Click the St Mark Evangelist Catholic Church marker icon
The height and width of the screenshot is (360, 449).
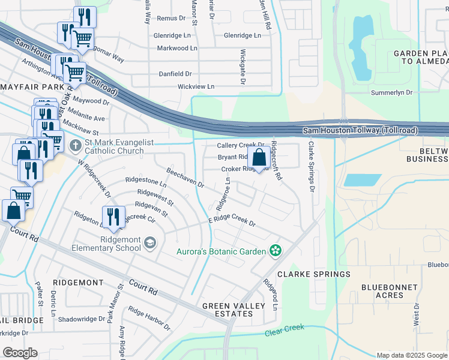pyautogui.click(x=75, y=145)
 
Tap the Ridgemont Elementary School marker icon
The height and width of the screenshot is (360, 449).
pyautogui.click(x=149, y=242)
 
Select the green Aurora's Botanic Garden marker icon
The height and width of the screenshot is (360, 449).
pyautogui.click(x=276, y=251)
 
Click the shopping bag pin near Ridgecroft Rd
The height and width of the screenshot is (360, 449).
pyautogui.click(x=259, y=159)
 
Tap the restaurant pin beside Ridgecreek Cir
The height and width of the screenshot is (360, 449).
pyautogui.click(x=112, y=217)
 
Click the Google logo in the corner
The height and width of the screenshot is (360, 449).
pyautogui.click(x=20, y=353)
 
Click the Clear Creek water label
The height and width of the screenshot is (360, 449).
pyautogui.click(x=285, y=329)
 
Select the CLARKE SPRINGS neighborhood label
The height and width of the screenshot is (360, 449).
pyautogui.click(x=313, y=274)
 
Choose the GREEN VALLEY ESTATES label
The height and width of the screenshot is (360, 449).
pyautogui.click(x=234, y=310)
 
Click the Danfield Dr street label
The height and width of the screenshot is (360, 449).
pyautogui.click(x=175, y=74)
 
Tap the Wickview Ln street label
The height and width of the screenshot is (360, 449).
pyautogui.click(x=196, y=86)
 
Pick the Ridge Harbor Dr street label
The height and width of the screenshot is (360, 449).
pyautogui.click(x=149, y=319)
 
